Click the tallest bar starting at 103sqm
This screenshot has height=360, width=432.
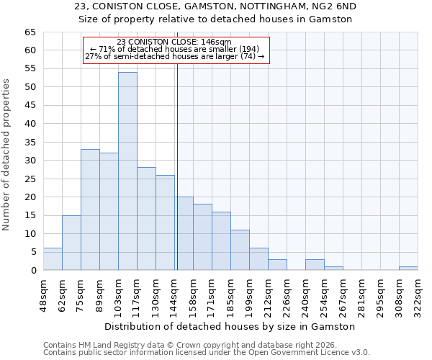pyautogui.click(x=127, y=171)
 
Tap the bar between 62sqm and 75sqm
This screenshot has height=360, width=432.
pyautogui.click(x=71, y=243)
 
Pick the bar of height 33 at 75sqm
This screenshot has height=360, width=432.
pyautogui.click(x=90, y=210)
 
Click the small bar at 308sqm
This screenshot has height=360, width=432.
pyautogui.click(x=408, y=269)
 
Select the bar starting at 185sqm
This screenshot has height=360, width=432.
pyautogui.click(x=240, y=250)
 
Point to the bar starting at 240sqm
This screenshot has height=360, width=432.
pyautogui.click(x=315, y=265)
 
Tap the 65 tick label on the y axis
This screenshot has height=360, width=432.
pyautogui.click(x=30, y=32)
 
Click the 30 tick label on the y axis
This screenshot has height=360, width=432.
pyautogui.click(x=30, y=161)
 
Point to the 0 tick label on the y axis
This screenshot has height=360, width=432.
pyautogui.click(x=32, y=271)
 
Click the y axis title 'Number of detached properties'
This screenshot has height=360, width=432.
pyautogui.click(x=6, y=155)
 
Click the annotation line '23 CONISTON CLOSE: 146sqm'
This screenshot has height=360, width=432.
pyautogui.click(x=174, y=42)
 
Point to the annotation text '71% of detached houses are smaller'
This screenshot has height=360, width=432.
pyautogui.click(x=175, y=49)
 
